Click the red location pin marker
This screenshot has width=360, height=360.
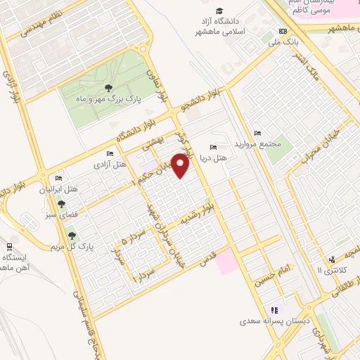[x=181, y=166]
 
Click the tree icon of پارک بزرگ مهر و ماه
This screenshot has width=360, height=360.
[x=108, y=88]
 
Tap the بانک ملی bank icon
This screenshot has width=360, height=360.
[x=283, y=31]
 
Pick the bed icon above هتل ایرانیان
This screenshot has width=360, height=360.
[x=58, y=178]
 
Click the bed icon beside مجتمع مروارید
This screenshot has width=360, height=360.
[x=257, y=133]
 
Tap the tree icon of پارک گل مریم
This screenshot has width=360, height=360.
[x=70, y=235]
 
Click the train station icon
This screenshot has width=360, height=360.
[x=9, y=245]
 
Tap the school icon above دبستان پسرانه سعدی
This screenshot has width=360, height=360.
[x=274, y=309]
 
